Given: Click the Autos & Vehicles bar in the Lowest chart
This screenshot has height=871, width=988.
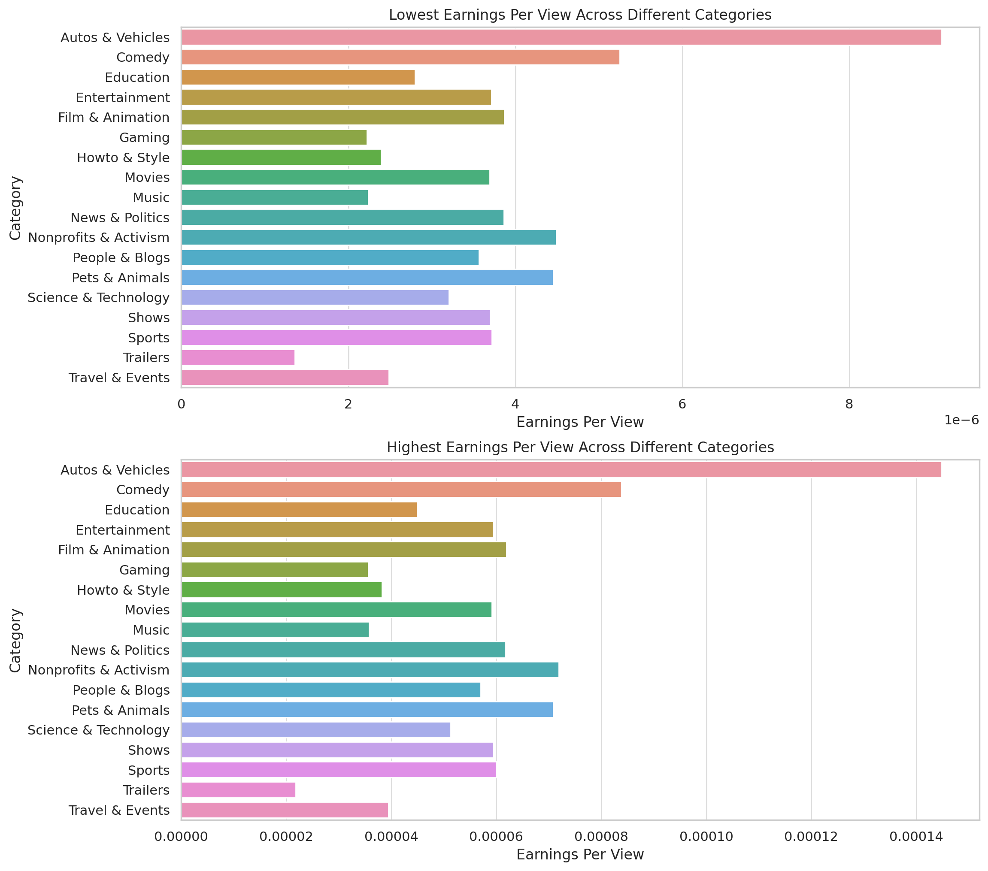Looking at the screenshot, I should click(561, 37).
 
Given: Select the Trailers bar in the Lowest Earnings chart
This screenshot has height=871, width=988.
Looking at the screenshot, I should click(238, 358).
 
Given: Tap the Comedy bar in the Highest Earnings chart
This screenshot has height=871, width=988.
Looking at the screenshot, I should click(401, 490).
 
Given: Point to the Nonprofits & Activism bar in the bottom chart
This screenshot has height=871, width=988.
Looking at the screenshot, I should click(370, 670).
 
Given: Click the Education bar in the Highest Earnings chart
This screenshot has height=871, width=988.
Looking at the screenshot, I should click(299, 510).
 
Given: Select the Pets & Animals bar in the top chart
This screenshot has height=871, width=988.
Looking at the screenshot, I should click(367, 278).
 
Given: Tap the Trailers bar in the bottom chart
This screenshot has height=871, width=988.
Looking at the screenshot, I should click(238, 790).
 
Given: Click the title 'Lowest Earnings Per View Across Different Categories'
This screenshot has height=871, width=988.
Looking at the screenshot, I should click(580, 15).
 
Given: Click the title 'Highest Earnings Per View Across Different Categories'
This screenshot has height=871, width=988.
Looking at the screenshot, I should click(580, 448).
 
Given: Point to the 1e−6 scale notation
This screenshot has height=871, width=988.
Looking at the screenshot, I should click(961, 420).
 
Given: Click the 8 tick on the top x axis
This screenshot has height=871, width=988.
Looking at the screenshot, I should click(849, 404).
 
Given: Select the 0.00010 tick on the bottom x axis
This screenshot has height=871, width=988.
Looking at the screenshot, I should click(706, 837).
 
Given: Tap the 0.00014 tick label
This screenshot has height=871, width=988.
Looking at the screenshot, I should click(916, 837).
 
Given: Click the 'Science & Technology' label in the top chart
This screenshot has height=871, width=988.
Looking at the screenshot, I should click(99, 298).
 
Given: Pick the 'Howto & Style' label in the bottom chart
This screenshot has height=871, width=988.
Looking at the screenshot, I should click(123, 590).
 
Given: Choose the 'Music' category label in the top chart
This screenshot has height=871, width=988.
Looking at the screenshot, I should click(152, 198).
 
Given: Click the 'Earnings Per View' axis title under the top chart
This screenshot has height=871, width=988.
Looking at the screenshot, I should click(580, 422).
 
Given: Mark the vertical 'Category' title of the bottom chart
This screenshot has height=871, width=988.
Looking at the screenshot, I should click(15, 640).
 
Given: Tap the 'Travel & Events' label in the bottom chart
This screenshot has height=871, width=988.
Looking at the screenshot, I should click(119, 810).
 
